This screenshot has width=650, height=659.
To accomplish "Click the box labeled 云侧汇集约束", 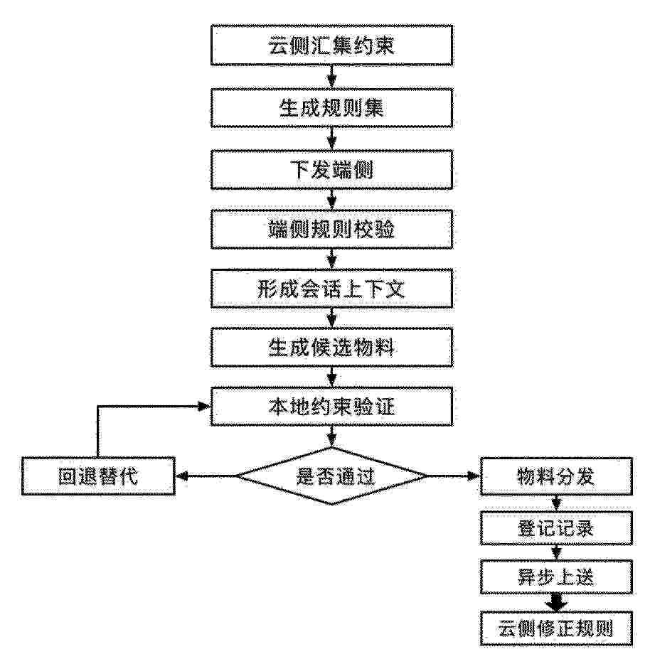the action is [331, 45].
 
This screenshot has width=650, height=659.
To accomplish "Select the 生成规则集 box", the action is [331, 108].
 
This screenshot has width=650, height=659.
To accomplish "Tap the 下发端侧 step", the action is [331, 170].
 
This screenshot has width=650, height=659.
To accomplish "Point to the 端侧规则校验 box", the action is [331, 230].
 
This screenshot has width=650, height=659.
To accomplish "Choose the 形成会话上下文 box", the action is [331, 289].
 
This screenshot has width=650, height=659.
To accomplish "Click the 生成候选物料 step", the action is [331, 348].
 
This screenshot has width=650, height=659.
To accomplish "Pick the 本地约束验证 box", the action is [331, 407].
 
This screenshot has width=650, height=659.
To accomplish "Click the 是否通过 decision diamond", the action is [331, 476].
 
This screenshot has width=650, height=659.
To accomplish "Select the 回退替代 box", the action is [98, 476].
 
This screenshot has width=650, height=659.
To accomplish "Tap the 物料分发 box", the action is [556, 476].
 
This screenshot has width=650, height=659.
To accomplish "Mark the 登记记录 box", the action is [556, 528].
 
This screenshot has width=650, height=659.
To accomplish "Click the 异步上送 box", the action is [556, 577].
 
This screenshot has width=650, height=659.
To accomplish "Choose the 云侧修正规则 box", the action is [556, 628].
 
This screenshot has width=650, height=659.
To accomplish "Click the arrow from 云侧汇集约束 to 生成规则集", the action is [332, 77].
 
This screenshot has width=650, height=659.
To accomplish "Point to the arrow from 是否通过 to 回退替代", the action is [206, 476].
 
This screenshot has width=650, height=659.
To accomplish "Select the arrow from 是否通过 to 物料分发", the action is [454, 476].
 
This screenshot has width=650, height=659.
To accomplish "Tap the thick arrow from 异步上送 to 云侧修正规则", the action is [556, 603].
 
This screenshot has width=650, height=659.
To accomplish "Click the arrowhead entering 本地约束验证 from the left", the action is [204, 406].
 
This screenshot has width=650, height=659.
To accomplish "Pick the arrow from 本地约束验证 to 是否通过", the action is [332, 437].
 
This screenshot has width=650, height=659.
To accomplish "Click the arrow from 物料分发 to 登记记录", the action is [556, 503].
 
